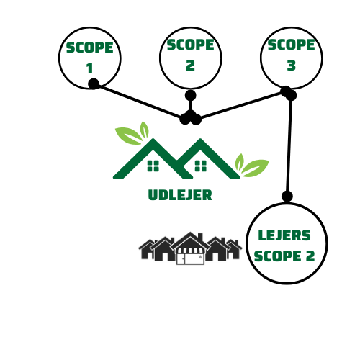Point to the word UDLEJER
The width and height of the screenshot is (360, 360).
click(180, 195)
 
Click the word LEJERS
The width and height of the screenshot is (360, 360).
click(284, 235)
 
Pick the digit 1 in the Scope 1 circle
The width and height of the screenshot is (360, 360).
click(90, 68)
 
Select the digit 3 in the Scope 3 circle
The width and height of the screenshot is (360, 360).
click(292, 66)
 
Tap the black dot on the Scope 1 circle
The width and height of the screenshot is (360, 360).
click(94, 84)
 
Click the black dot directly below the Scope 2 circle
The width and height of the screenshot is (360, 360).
click(191, 96)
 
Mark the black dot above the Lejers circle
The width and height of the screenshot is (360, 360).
click(287, 196)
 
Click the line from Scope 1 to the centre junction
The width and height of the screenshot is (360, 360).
click(139, 102)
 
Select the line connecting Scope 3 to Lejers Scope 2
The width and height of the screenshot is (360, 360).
click(289, 145)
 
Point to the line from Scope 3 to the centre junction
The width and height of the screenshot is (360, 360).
click(241, 105)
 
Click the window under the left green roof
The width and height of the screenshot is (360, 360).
click(153, 166)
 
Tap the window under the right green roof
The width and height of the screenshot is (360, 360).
click(201, 166)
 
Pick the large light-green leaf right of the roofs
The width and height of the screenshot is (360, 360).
click(255, 168)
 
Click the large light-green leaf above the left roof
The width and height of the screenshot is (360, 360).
click(129, 136)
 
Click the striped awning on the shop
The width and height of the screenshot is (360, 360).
click(190, 251)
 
